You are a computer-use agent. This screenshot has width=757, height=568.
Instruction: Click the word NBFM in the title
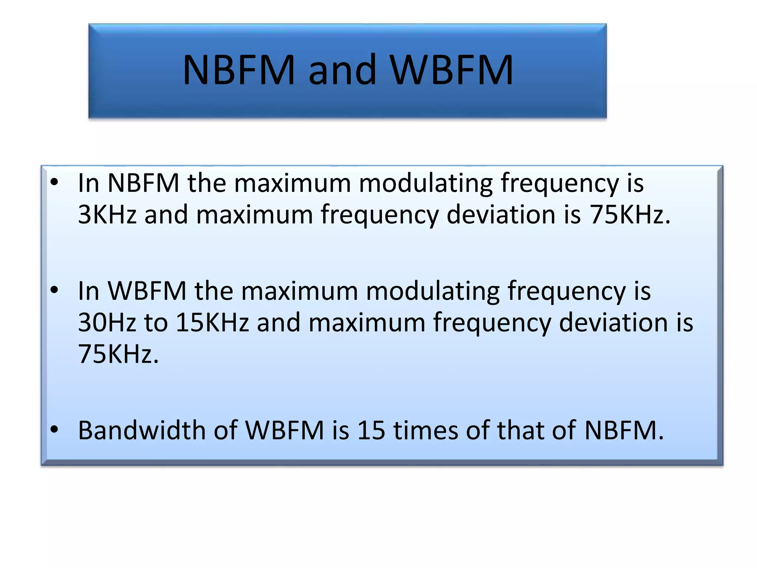[x=239, y=70]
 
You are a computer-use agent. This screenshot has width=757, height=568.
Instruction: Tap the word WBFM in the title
[x=452, y=70]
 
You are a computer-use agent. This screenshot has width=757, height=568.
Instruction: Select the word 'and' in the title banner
[x=342, y=70]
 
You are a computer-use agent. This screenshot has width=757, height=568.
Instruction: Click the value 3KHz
[x=107, y=214]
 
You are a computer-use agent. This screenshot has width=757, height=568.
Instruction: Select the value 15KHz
[x=212, y=322]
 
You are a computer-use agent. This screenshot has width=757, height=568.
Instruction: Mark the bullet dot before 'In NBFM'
[x=55, y=182]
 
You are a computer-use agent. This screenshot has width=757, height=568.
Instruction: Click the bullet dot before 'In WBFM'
[x=55, y=290]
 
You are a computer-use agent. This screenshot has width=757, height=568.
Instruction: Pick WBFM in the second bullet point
[x=147, y=291]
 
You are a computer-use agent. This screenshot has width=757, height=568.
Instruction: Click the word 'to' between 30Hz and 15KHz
[x=156, y=322]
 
